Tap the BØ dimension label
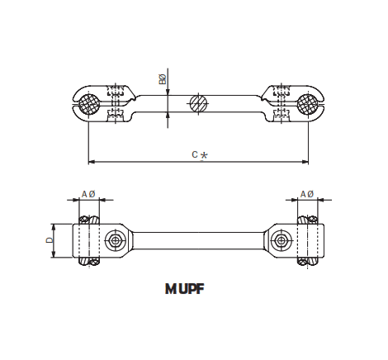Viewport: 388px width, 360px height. point(162,80)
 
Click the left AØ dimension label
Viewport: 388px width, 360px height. point(88,194)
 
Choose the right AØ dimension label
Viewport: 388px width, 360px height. point(306,194)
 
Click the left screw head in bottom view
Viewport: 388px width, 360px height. point(114,241)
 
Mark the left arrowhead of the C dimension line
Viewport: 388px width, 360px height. point(89,160)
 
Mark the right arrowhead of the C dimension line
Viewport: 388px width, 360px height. point(307,160)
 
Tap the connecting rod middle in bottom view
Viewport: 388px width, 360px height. point(198,241)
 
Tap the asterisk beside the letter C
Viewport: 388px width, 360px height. point(204,155)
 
